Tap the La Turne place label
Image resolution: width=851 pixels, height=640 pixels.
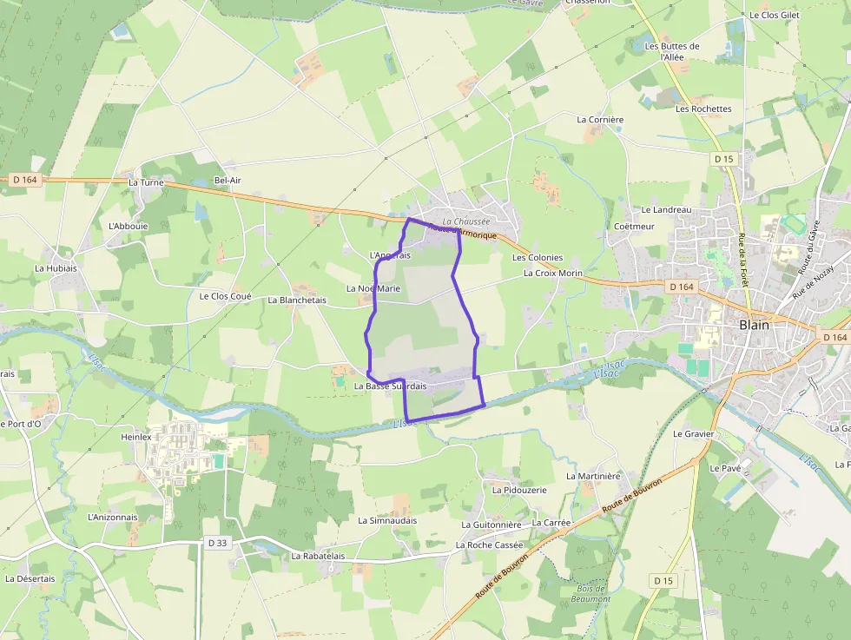tap(145, 182)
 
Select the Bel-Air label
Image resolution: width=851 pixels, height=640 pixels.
tap(228, 181)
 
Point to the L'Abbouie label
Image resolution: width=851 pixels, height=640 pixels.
tap(128, 226)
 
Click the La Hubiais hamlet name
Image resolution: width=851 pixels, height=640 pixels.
tap(56, 268)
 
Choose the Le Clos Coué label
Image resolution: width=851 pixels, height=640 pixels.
tap(225, 296)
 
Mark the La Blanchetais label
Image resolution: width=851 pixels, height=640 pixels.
tap(297, 300)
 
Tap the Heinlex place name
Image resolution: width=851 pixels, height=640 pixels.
tap(136, 438)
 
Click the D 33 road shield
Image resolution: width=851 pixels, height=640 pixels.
tap(217, 543)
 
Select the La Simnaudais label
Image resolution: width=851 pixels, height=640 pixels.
tap(387, 521)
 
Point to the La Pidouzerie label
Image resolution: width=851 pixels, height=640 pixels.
tap(519, 490)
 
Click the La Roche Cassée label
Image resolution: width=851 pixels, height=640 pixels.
tap(490, 545)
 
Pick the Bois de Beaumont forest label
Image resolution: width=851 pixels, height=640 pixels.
tap(592, 594)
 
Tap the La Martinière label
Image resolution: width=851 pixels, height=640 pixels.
tap(594, 476)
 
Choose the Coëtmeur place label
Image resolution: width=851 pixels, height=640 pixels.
tap(634, 227)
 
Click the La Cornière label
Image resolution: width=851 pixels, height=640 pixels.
tap(600, 119)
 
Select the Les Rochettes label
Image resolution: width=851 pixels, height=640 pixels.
tap(703, 109)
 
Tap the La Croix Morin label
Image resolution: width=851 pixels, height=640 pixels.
tap(553, 273)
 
